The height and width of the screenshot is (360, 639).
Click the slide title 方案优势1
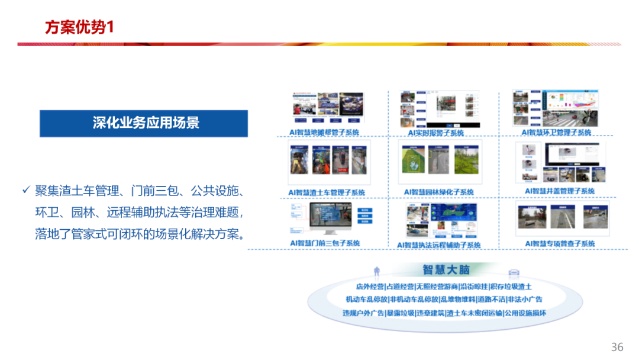(x=79, y=27)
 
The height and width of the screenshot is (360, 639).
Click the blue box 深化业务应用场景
(x=144, y=123)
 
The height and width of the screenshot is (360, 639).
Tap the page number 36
(x=617, y=346)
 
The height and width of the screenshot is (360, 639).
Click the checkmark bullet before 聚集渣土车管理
(x=25, y=190)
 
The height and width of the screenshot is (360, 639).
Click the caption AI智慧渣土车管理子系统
(x=327, y=192)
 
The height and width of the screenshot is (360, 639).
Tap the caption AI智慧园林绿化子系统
(x=439, y=192)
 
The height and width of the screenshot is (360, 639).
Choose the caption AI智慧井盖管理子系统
(x=560, y=191)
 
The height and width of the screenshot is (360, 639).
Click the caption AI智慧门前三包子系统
(x=325, y=243)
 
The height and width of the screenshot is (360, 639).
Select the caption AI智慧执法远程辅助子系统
(x=438, y=245)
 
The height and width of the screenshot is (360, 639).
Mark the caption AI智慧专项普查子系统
(x=560, y=243)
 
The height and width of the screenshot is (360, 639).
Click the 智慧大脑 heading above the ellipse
(x=446, y=270)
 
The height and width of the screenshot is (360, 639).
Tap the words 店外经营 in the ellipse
(x=370, y=287)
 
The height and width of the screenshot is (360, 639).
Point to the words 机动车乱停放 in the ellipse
(x=367, y=300)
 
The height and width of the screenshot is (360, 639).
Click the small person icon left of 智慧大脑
(x=376, y=271)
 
